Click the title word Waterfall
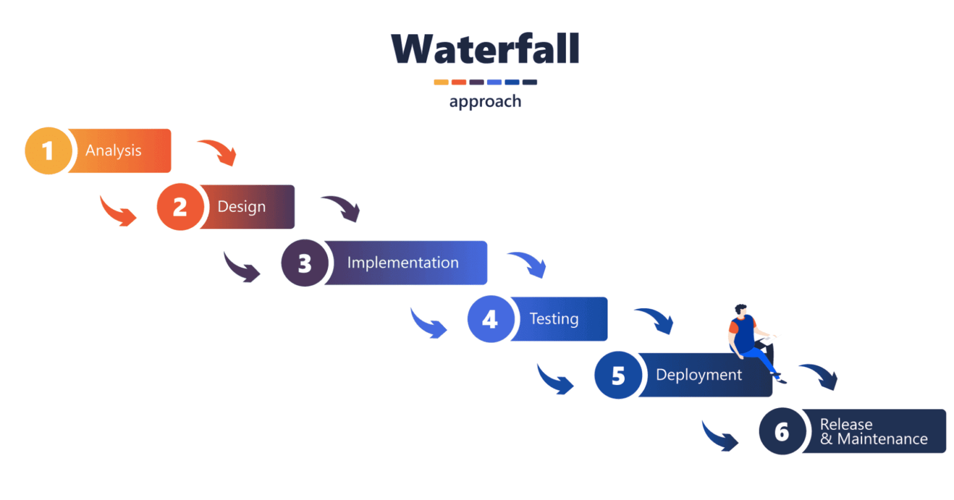[485, 49]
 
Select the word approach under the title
[485, 101]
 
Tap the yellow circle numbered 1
[48, 151]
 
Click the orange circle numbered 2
[179, 207]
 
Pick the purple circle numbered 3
[304, 263]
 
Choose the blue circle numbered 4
[490, 319]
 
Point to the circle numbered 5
[618, 375]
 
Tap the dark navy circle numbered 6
[782, 431]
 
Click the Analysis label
[114, 150]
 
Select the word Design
[242, 206]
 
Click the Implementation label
[402, 263]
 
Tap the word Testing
[553, 319]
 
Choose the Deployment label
[699, 375]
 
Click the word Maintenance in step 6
[882, 439]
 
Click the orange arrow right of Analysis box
[219, 152]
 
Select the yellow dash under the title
[441, 82]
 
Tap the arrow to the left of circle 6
[720, 436]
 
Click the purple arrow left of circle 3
[242, 268]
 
